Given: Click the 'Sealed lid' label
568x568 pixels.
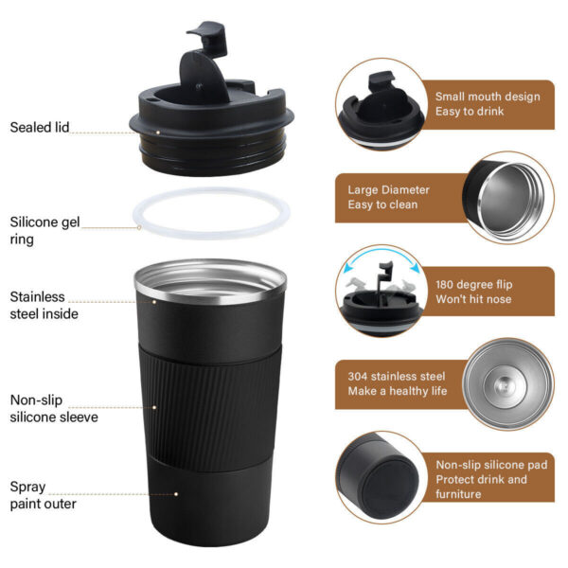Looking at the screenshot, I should pyautogui.click(x=40, y=127).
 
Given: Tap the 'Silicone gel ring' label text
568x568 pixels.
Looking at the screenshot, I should pyautogui.click(x=44, y=231).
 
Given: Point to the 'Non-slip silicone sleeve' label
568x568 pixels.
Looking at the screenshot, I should pyautogui.click(x=54, y=407).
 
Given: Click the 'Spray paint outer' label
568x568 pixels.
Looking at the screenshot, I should pyautogui.click(x=44, y=495).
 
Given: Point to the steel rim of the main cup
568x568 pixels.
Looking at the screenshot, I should pyautogui.click(x=209, y=275).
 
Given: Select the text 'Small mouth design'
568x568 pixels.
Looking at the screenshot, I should pyautogui.click(x=487, y=96).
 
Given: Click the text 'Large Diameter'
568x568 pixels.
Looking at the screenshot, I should pyautogui.click(x=388, y=189).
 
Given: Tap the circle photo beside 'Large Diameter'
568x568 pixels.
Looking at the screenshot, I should pyautogui.click(x=509, y=195).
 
